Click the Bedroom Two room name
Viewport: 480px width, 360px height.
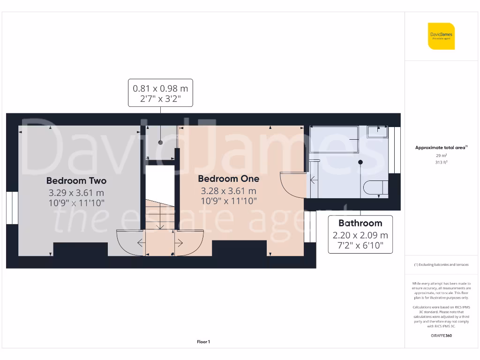(76, 180)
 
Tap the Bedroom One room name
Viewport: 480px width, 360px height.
(228, 179)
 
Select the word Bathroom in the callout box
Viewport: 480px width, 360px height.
(360, 223)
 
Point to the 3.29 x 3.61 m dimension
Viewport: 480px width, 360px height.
(76, 193)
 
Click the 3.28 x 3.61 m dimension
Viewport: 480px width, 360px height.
(228, 191)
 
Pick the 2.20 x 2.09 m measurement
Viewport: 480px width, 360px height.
(360, 235)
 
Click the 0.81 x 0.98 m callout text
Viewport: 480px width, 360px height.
(160, 88)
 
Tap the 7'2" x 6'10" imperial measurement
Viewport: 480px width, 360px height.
(360, 246)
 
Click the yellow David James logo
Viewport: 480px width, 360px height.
(441, 36)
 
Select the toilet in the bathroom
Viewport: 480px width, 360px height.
(375, 188)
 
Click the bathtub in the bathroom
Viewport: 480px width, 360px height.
(334, 140)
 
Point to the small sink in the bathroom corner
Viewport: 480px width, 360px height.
(377, 132)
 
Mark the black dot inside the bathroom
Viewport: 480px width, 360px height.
(360, 162)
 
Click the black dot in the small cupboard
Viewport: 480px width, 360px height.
(160, 142)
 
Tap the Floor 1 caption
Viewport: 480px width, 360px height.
(203, 342)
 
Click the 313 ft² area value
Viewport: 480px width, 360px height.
(441, 163)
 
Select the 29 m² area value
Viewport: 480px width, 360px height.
(441, 155)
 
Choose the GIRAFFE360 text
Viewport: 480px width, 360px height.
(441, 336)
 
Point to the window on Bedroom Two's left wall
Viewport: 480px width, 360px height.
(12, 208)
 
